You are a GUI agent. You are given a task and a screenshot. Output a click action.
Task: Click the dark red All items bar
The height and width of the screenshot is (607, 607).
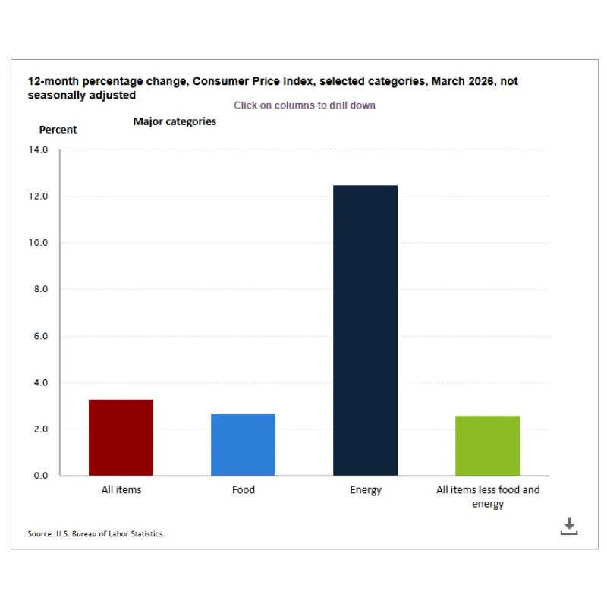[121, 438]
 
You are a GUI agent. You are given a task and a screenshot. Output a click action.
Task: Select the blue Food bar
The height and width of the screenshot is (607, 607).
[243, 445]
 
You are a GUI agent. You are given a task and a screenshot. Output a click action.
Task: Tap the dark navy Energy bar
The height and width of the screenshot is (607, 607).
[365, 331]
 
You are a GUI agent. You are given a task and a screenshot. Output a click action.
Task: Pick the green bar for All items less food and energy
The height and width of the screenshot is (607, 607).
[487, 446]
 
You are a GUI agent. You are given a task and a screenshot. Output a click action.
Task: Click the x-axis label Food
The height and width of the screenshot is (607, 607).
[244, 490]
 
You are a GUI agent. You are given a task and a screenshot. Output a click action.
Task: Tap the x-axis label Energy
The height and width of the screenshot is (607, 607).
[366, 490]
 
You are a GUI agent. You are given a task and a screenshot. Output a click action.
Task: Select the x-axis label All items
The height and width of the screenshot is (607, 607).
[121, 490]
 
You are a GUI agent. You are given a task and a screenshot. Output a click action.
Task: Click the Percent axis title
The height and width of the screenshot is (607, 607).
[58, 130]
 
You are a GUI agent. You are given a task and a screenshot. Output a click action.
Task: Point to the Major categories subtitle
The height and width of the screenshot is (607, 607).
[175, 121]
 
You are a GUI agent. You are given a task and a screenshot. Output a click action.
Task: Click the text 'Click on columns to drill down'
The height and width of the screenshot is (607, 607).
[304, 105]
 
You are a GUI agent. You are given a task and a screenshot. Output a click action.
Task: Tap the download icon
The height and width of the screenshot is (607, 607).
[569, 527]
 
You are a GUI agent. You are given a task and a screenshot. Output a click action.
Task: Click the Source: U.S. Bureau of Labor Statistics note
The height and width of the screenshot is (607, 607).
[96, 534]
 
